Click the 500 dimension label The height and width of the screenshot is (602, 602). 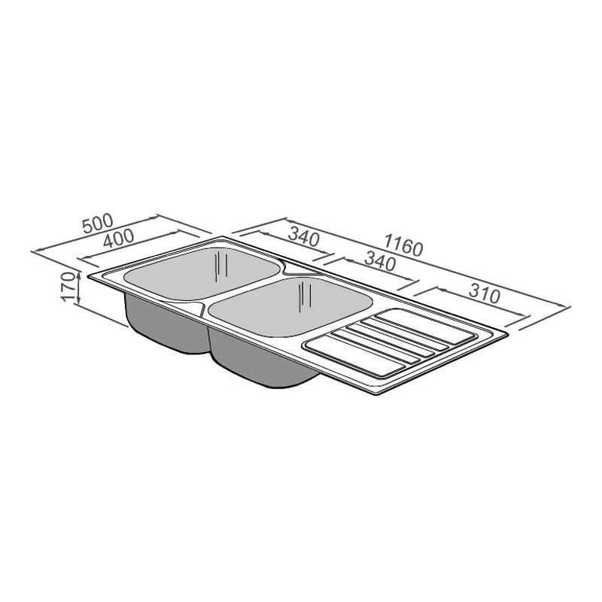(99, 223)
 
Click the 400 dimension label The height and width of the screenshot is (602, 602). (119, 239)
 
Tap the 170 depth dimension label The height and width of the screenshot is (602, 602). (68, 287)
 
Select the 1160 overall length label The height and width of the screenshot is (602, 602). (403, 245)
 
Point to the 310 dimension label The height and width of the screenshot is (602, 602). (485, 294)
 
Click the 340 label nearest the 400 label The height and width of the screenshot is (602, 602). (304, 236)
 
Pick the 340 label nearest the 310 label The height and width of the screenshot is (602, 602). (380, 261)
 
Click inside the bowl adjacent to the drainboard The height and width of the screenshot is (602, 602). (290, 306)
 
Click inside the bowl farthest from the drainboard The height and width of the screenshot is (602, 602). (202, 273)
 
